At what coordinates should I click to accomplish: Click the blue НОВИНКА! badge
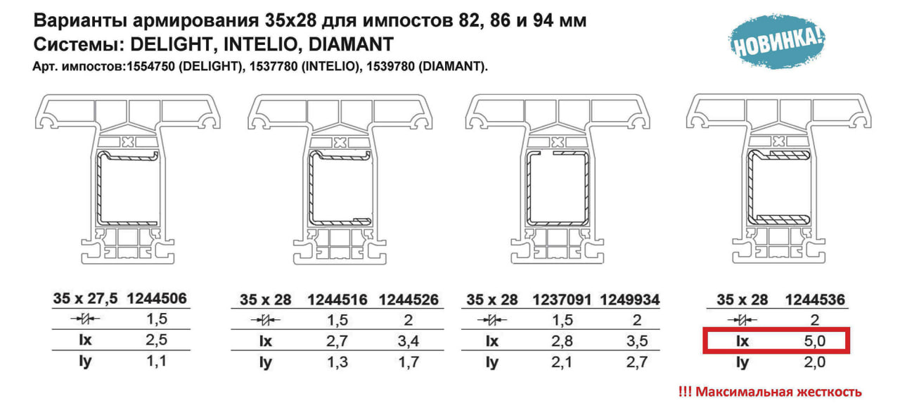tap(777, 41)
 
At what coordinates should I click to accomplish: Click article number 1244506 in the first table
tap(157, 298)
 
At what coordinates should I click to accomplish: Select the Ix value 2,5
tap(156, 340)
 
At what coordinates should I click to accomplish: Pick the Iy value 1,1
tap(156, 361)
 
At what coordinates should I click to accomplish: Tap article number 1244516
tap(337, 300)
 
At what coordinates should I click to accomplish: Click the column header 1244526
tap(409, 300)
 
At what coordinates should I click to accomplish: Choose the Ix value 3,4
tap(409, 341)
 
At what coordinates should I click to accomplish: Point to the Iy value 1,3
tap(337, 362)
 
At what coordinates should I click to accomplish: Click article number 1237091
tap(562, 300)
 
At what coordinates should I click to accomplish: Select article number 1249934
tap(629, 300)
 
